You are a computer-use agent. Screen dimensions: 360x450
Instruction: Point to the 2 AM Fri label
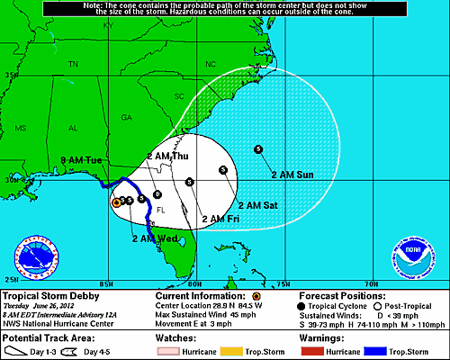point(220,218)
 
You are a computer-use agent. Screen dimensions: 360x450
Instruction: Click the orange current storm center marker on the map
point(116,203)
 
